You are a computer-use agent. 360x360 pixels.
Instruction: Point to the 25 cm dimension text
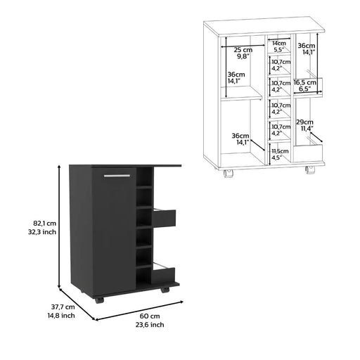pos(243,51)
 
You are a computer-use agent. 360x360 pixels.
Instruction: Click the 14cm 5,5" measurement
pos(280,47)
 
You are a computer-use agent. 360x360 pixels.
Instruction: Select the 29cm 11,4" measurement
pos(304,124)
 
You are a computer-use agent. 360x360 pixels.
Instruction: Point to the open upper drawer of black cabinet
pos(165,219)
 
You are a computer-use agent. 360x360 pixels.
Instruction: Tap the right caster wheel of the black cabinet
pos(165,289)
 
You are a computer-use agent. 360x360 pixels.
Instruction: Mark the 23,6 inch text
pos(148,326)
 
